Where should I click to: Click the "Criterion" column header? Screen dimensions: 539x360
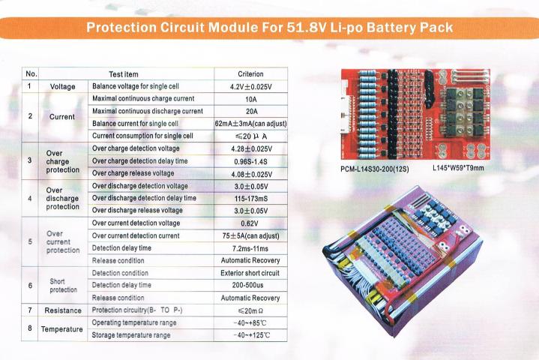pyautogui.click(x=250, y=74)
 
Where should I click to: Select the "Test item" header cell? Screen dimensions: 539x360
pyautogui.click(x=124, y=74)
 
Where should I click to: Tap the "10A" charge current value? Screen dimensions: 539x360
pyautogui.click(x=251, y=99)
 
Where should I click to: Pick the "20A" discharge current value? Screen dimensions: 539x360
pyautogui.click(x=251, y=112)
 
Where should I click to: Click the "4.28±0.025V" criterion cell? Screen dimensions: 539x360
pyautogui.click(x=251, y=149)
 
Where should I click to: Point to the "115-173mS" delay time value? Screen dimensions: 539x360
pyautogui.click(x=251, y=199)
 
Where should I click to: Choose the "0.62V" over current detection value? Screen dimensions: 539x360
pyautogui.click(x=250, y=223)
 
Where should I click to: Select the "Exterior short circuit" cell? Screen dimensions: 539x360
pyautogui.click(x=250, y=273)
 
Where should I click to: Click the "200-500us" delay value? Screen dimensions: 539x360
pyautogui.click(x=247, y=285)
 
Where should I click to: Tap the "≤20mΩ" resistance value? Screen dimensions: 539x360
pyautogui.click(x=250, y=310)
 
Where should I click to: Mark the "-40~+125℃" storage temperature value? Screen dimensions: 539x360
pyautogui.click(x=251, y=335)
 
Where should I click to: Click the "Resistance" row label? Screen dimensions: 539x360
pyautogui.click(x=63, y=310)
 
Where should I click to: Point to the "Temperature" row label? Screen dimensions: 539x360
pyautogui.click(x=62, y=329)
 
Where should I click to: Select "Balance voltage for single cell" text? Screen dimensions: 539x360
pyautogui.click(x=136, y=86)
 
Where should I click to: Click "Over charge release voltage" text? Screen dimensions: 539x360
pyautogui.click(x=133, y=173)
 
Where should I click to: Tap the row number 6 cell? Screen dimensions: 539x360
pyautogui.click(x=30, y=286)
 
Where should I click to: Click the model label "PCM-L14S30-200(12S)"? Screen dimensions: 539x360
pyautogui.click(x=375, y=169)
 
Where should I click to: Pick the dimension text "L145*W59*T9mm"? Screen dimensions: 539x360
pyautogui.click(x=458, y=168)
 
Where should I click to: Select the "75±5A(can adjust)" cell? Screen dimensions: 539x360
pyautogui.click(x=250, y=235)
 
